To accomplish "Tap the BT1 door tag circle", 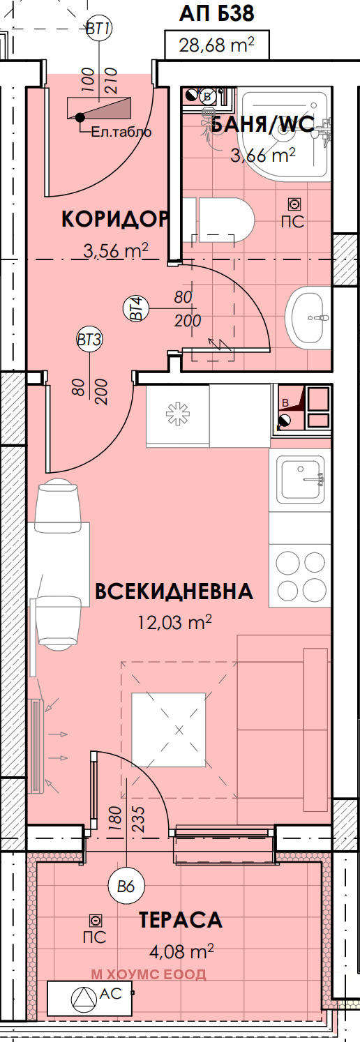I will click(98, 29).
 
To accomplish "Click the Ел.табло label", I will click(121, 131).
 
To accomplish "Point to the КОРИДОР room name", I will click(114, 219).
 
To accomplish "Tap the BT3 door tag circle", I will click(89, 340).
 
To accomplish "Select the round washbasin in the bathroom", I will click(308, 317).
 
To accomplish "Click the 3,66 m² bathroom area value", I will click(263, 155).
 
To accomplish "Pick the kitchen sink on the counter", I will click(301, 478).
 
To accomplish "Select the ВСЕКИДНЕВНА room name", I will click(174, 591).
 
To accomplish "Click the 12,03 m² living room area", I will click(174, 621).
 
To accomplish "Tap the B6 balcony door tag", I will click(126, 887).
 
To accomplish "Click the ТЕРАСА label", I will click(181, 920).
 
